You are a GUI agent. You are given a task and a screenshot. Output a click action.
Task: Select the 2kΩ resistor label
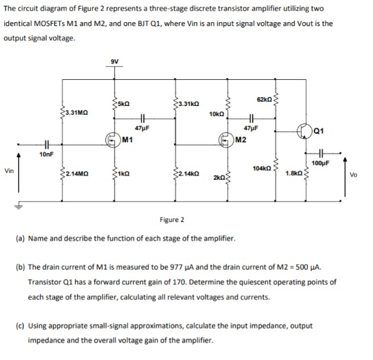[x=218, y=179]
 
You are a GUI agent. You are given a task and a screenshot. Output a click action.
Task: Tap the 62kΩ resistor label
[x=262, y=99]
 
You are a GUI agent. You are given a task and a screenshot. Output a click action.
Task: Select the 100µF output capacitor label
[x=322, y=163]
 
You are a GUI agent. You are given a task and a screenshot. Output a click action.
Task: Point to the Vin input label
[x=9, y=172]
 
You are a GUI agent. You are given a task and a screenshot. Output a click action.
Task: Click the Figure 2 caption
[x=172, y=219]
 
